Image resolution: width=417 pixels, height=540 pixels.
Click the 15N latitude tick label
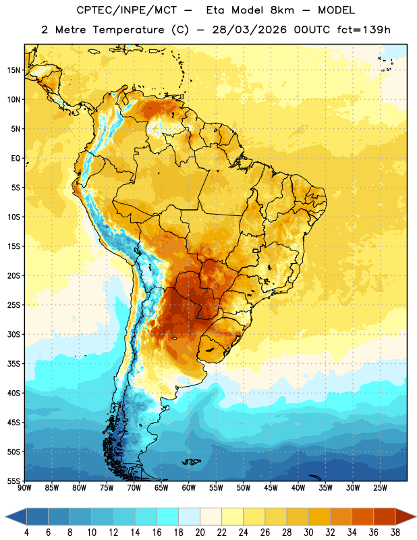coord(13,70)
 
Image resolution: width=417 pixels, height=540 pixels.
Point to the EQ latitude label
coord(16,159)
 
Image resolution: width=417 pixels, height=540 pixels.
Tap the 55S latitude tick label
coord(13,481)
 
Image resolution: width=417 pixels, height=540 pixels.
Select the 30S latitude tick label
coord(13,334)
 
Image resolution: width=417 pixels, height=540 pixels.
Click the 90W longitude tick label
coord(24,488)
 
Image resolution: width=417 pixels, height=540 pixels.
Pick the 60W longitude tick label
coord(189,488)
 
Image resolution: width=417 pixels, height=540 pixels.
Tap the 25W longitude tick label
coord(380,488)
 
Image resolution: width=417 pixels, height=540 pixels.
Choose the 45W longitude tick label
coord(271,488)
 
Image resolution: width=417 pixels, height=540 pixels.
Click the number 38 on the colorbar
coord(395,533)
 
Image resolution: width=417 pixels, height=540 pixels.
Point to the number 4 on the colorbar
coord(26,533)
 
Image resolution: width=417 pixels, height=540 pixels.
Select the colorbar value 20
coord(200,533)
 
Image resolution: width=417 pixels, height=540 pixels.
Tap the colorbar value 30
coord(308,533)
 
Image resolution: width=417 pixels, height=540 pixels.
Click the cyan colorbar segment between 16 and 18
coord(168,516)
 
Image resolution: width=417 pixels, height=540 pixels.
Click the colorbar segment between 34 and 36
coord(362,516)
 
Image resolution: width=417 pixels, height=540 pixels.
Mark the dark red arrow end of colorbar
coord(406,516)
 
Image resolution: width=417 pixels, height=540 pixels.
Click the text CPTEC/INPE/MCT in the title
coord(127,10)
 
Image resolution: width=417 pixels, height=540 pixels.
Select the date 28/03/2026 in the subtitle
coord(250,30)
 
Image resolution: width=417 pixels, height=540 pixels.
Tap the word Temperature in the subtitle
coord(128,30)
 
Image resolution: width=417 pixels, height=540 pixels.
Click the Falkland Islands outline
coord(192,462)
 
